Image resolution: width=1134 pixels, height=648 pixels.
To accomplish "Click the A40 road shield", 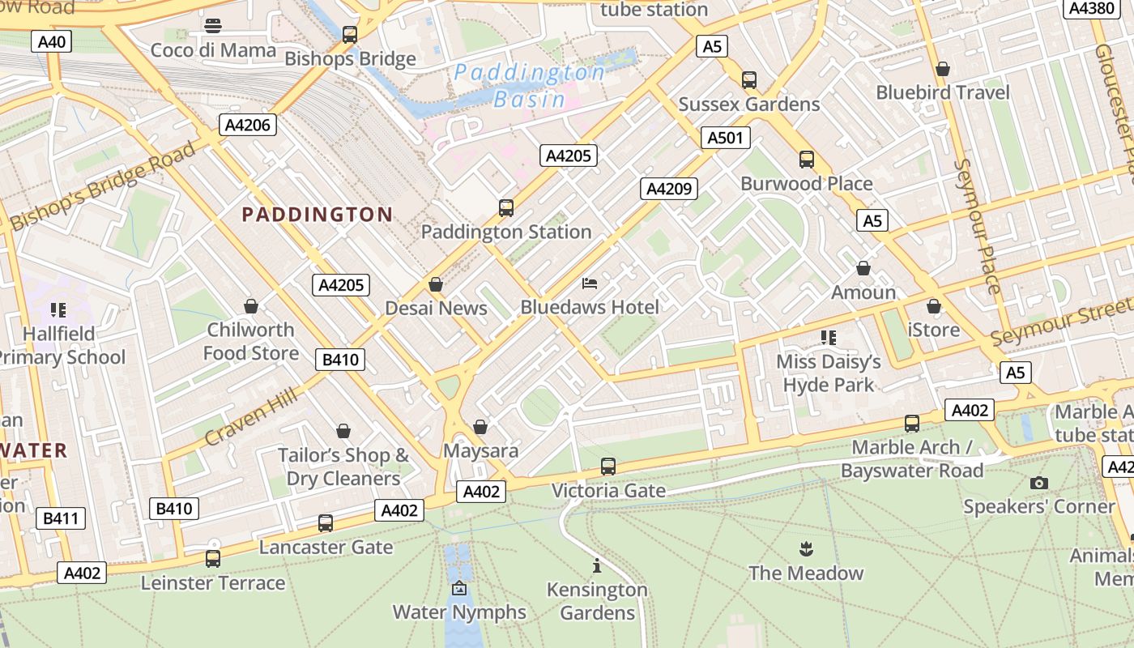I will tap(52, 41).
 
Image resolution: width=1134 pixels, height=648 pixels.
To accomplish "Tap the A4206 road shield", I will tap(248, 124).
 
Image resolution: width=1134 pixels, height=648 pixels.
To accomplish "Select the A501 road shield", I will tap(725, 138).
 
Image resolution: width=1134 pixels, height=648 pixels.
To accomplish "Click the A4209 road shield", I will tap(668, 189).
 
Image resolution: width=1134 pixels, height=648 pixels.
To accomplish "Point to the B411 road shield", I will tap(61, 518).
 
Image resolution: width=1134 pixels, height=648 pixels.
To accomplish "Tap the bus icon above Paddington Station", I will tap(506, 208).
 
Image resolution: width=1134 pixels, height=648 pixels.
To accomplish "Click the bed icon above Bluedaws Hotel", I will tap(590, 283).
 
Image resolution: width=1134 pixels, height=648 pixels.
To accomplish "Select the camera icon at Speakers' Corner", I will tap(1038, 484).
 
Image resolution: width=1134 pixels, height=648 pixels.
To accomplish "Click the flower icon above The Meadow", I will tap(805, 550).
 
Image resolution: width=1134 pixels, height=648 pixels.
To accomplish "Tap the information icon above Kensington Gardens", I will tap(597, 565).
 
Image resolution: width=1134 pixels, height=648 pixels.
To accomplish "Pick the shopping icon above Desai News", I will tap(436, 285).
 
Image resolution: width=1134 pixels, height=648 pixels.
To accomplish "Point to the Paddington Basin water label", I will tap(530, 86).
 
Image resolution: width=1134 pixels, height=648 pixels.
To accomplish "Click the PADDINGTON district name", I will tap(318, 215).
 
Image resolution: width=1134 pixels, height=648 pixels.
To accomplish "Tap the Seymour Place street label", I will tap(978, 226).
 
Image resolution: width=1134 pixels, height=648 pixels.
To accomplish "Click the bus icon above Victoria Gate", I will tap(608, 467).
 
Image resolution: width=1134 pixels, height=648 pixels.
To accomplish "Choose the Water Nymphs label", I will tap(459, 612).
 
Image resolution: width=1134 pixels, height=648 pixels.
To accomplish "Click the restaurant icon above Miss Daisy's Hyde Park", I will tap(828, 337).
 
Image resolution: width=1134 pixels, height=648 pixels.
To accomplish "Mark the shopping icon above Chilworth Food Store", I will tap(251, 306).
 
